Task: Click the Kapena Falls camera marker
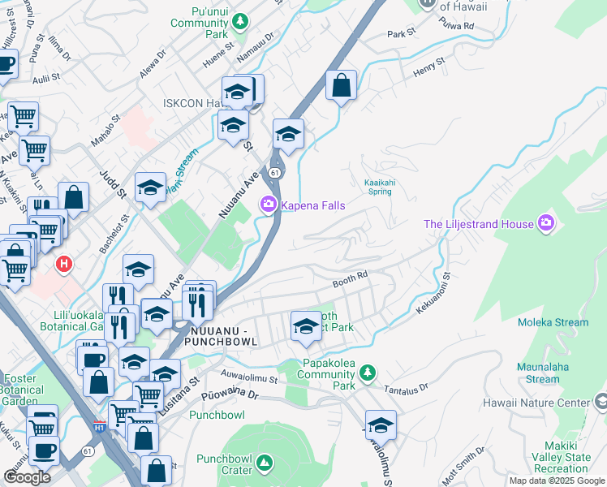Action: click(268, 205)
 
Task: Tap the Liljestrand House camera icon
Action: click(546, 223)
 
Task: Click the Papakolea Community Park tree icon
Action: click(368, 373)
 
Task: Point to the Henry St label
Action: click(430, 67)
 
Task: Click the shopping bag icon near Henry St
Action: click(342, 84)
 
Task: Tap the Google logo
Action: click(28, 476)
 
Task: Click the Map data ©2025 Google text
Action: click(556, 481)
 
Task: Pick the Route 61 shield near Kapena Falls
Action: click(276, 172)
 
